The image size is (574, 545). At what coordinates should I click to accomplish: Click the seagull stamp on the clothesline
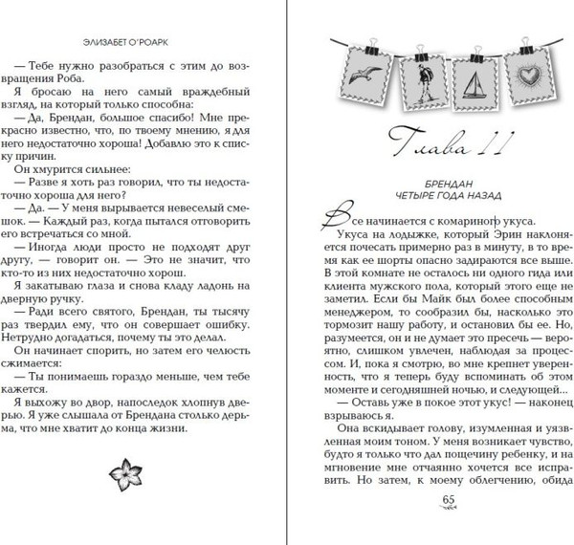tap(364, 75)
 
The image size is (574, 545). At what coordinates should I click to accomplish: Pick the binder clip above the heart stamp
tap(522, 46)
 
